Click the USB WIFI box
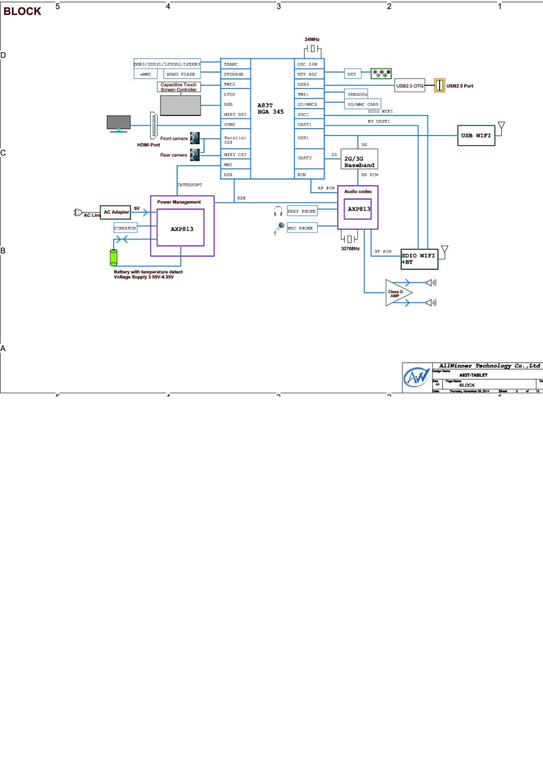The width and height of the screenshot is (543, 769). pos(477,136)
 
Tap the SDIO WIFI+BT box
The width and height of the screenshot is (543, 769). pos(419,259)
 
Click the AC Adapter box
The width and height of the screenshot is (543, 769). pos(115,212)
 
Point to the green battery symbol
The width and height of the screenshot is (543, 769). pos(114,257)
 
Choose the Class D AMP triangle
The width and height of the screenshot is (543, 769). pos(397,293)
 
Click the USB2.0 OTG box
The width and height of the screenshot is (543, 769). pos(410,86)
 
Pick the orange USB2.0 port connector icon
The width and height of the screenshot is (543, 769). pos(440,85)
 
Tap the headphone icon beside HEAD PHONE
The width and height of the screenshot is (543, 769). pos(278,211)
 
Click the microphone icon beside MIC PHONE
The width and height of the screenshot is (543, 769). pos(279,228)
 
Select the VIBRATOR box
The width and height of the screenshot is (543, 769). pos(125,228)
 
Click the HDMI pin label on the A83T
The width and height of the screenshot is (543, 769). pos(230,125)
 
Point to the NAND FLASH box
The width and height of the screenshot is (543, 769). pos(181,74)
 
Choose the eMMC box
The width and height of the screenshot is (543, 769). pos(146,74)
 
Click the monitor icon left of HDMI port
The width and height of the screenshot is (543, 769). pos(118,123)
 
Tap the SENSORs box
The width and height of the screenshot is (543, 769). pos(357,94)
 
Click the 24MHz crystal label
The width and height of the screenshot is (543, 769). pos(312,39)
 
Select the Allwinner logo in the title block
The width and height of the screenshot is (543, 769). pos(417,377)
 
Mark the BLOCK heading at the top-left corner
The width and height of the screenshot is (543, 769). pos(22,11)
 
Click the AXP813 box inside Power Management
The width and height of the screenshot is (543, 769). pos(181,229)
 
